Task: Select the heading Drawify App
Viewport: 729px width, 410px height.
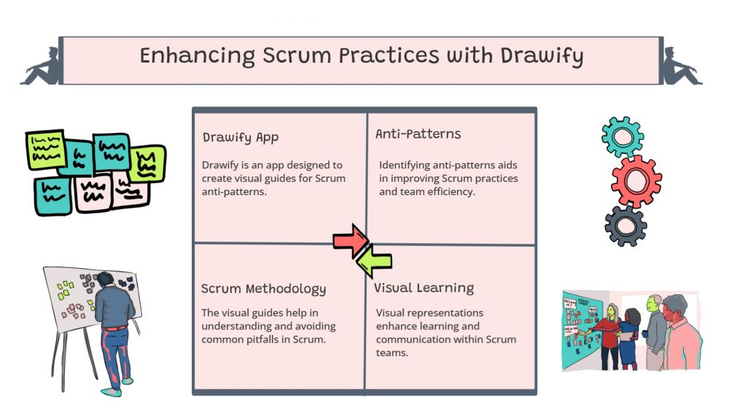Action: pos(240,137)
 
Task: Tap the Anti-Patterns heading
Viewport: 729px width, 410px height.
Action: pos(418,134)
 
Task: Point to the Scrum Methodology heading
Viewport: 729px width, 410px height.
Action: pos(263,289)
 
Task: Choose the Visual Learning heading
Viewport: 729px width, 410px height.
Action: pos(424,288)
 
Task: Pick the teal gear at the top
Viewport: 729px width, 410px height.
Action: pos(622,137)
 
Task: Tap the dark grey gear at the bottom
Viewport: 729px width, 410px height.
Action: pos(625,226)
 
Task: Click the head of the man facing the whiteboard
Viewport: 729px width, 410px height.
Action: pos(106,280)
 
